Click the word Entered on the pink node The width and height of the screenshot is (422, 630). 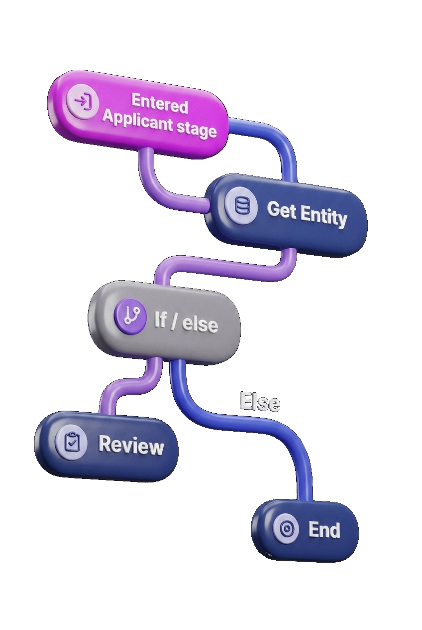160,103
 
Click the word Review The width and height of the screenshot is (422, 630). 131,445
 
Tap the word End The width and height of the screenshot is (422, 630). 324,530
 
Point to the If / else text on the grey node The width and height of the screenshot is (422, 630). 186,322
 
